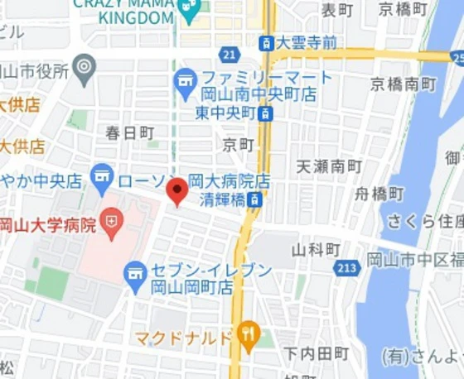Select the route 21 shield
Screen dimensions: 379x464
click(x=230, y=55)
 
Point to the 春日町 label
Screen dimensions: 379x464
click(x=130, y=132)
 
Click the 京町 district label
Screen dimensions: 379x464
click(x=239, y=144)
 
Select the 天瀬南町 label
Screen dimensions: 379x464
click(x=329, y=166)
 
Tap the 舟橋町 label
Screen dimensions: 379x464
click(x=379, y=194)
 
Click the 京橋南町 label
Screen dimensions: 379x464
click(x=404, y=84)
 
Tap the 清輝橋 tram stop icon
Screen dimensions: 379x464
click(x=257, y=199)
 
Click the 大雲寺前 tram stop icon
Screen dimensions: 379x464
click(x=265, y=42)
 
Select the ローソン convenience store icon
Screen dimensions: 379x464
click(x=102, y=175)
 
